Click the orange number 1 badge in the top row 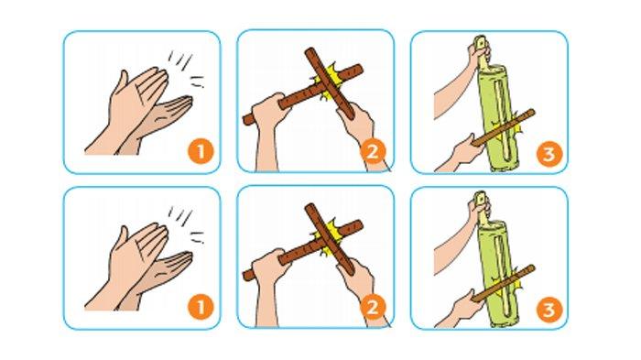point(201,152)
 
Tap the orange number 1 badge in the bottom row point(201,307)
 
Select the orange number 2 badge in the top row point(373,152)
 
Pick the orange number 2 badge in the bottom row point(373,307)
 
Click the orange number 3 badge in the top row point(549,154)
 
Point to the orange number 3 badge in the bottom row point(549,310)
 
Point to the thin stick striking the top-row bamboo point(504,127)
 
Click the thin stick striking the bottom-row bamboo point(504,283)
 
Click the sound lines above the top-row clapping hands point(186,68)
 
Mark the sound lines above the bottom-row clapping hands point(186,224)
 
